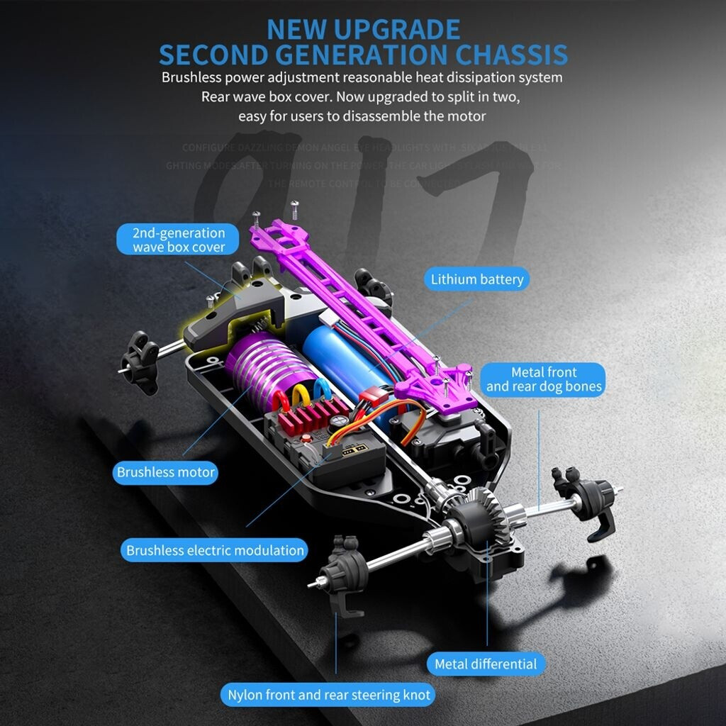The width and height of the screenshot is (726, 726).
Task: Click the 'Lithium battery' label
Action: pos(477,279)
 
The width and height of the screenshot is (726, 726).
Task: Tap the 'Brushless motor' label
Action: pos(166,472)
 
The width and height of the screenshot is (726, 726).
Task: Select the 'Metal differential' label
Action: pos(486,664)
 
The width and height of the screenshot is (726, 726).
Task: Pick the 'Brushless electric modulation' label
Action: pos(215,550)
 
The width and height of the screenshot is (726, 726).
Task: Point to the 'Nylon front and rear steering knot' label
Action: pos(329,695)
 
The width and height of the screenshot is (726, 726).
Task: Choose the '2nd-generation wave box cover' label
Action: pos(179,240)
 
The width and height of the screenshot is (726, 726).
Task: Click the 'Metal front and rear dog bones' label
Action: pos(544,379)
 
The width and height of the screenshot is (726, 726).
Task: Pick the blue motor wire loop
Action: pos(320,390)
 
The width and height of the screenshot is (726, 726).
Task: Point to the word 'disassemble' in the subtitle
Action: pos(381,116)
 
